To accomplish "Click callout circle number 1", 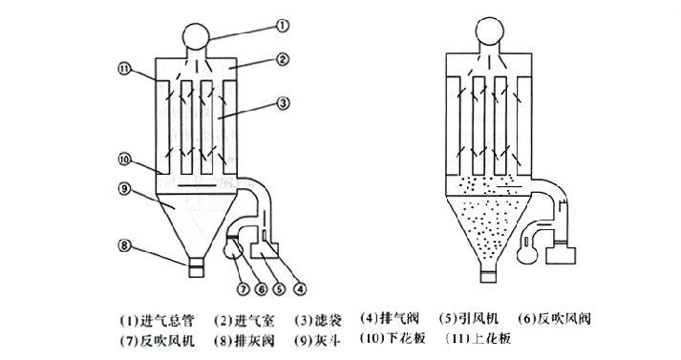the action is click(283, 26).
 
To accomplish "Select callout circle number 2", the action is click(283, 58).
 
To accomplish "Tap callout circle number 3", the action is click(283, 103).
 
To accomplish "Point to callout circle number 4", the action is click(299, 288).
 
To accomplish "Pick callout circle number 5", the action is click(279, 288).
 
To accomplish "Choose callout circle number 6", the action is click(261, 288).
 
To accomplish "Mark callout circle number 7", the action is click(243, 288).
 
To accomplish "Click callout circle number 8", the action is click(124, 245).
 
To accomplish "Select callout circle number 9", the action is click(124, 189).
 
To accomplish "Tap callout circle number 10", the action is click(124, 159).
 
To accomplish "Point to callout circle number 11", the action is click(124, 69).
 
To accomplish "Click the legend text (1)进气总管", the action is click(158, 321).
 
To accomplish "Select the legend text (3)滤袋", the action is click(318, 321).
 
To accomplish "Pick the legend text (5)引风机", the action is click(469, 318).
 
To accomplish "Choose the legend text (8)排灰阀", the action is click(245, 340).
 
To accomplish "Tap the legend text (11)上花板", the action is click(479, 338).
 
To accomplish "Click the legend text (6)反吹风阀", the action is click(555, 318).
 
